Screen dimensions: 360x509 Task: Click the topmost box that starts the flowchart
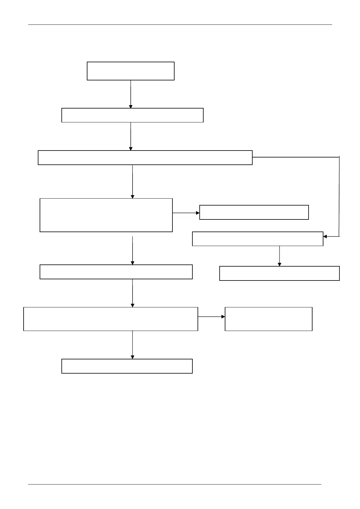[x=130, y=71]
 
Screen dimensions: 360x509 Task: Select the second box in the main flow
[x=132, y=115]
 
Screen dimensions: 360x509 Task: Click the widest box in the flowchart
[x=145, y=157]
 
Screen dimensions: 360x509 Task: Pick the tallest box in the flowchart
[x=106, y=215]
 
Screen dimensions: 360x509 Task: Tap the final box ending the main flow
[x=127, y=366]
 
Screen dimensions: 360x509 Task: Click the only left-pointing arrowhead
[x=325, y=236]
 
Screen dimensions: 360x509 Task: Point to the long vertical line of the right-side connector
[x=339, y=196]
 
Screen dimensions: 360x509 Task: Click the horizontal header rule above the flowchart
[x=180, y=24]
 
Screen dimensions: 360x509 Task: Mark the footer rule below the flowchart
[x=175, y=484]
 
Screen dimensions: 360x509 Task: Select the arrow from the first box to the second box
[x=131, y=94]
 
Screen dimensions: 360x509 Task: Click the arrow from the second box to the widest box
[x=131, y=136]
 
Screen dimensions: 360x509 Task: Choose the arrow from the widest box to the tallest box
[x=133, y=181]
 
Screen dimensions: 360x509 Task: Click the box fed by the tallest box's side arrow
[x=254, y=212]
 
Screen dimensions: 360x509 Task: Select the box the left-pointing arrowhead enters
[x=257, y=239]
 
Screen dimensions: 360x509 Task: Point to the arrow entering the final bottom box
[x=133, y=345]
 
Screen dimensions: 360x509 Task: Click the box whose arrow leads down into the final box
[x=110, y=319]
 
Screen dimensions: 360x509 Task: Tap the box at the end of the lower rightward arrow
[x=268, y=319]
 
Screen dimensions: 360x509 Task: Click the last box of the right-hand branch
[x=279, y=273]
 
